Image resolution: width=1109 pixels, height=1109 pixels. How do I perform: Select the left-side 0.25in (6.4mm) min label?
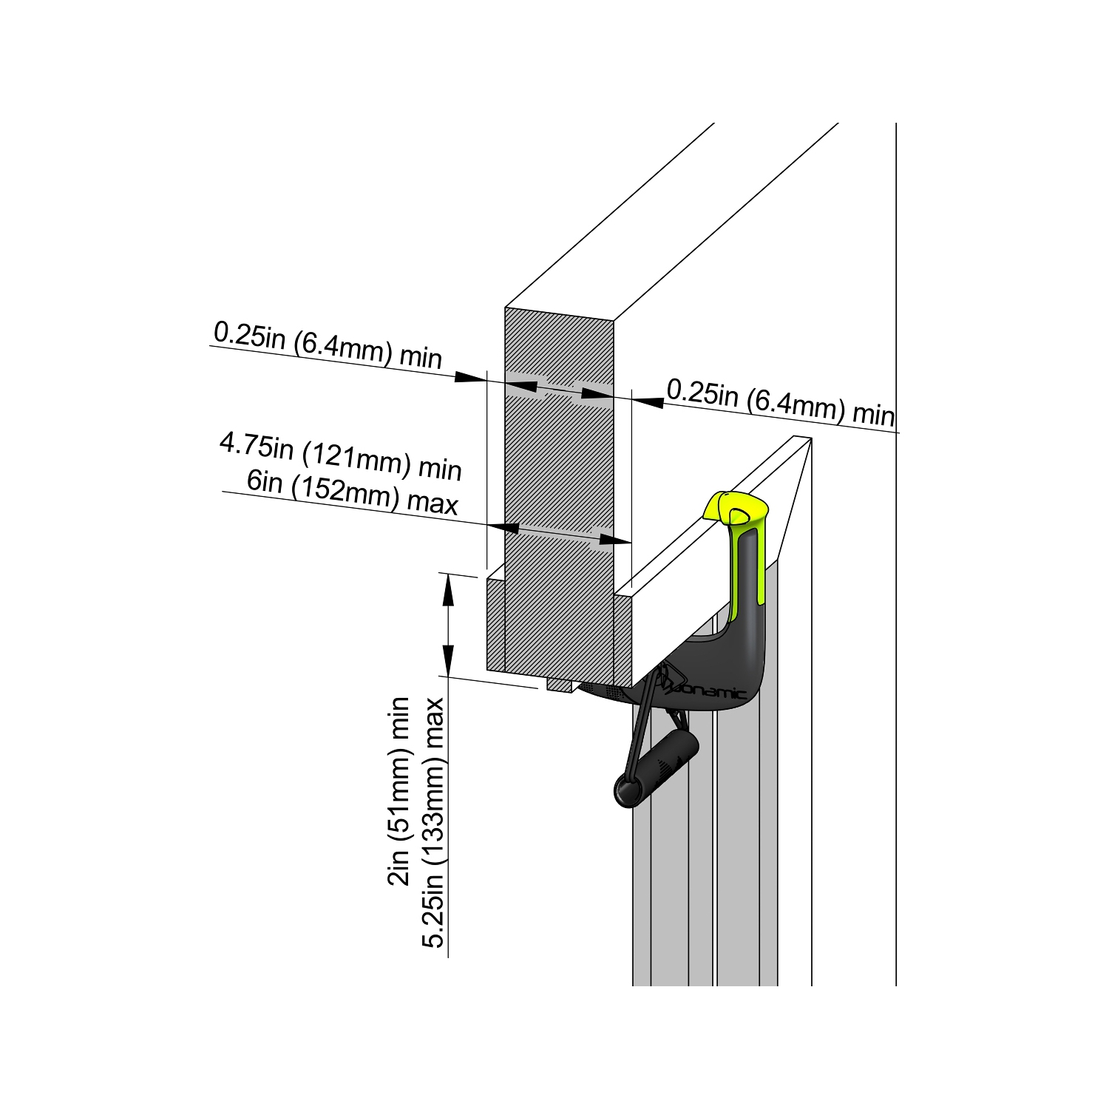[x=328, y=345]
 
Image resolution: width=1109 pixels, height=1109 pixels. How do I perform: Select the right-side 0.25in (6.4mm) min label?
[x=780, y=401]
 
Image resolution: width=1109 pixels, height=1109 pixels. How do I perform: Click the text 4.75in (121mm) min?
[x=340, y=456]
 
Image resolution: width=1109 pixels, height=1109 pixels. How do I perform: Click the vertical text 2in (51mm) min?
[x=399, y=791]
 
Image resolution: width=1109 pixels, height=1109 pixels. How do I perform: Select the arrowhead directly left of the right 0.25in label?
[x=648, y=401]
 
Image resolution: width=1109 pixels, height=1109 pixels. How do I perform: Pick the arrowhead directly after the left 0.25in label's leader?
[x=469, y=377]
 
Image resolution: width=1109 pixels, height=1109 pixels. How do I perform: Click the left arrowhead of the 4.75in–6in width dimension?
[x=501, y=528]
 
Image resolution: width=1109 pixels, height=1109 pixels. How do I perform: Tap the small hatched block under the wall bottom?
[x=560, y=685]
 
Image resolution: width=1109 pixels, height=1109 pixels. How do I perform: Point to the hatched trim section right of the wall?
[x=623, y=640]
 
